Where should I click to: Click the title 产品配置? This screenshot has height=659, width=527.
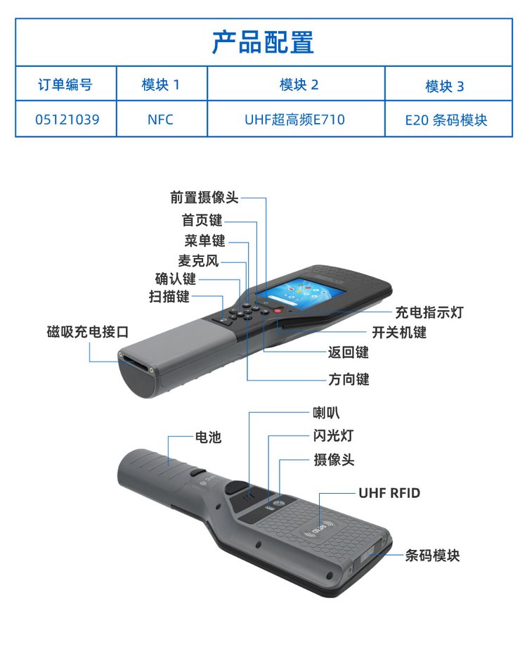pos(263,42)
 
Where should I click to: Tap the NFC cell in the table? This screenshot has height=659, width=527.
pos(160,120)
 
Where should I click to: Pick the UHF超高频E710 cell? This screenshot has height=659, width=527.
pos(295,120)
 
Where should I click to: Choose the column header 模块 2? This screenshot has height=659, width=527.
pos(299,85)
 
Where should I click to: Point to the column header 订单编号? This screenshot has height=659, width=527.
pos(65,84)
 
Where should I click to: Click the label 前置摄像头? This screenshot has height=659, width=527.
pos(204,197)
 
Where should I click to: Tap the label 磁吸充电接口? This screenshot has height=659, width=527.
pos(88,331)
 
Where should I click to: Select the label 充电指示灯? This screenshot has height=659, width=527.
pos(429,312)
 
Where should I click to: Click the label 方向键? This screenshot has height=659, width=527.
pos(349,379)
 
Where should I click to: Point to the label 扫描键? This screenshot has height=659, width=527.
pos(169,296)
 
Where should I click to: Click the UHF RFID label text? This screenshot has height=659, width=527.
pos(389,493)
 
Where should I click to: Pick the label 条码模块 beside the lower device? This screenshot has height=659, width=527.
pos(433,555)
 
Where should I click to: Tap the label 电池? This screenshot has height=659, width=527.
pos(208,437)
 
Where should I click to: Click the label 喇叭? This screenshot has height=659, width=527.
pos(326,413)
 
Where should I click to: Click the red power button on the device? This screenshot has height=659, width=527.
pos(277,311)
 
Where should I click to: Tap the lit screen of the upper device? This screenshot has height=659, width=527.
pos(300,293)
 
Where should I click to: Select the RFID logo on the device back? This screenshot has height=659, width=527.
pos(319,528)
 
